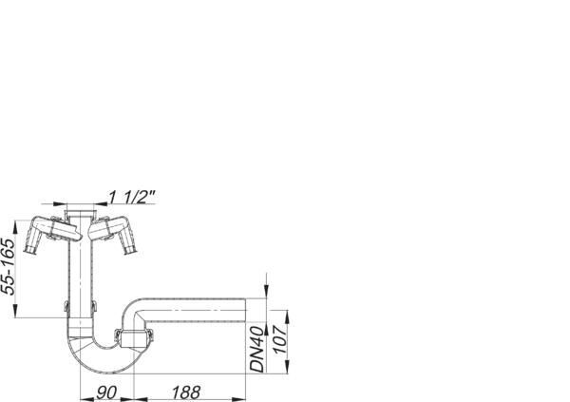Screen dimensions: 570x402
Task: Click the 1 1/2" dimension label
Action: point(132,197)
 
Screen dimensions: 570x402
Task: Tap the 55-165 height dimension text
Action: point(9,266)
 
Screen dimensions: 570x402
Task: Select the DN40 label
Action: point(256,349)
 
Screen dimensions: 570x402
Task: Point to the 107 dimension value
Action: point(280,339)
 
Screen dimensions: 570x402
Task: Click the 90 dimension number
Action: point(106,392)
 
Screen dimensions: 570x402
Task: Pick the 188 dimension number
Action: point(186,392)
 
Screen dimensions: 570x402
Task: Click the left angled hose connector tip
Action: point(29,250)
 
